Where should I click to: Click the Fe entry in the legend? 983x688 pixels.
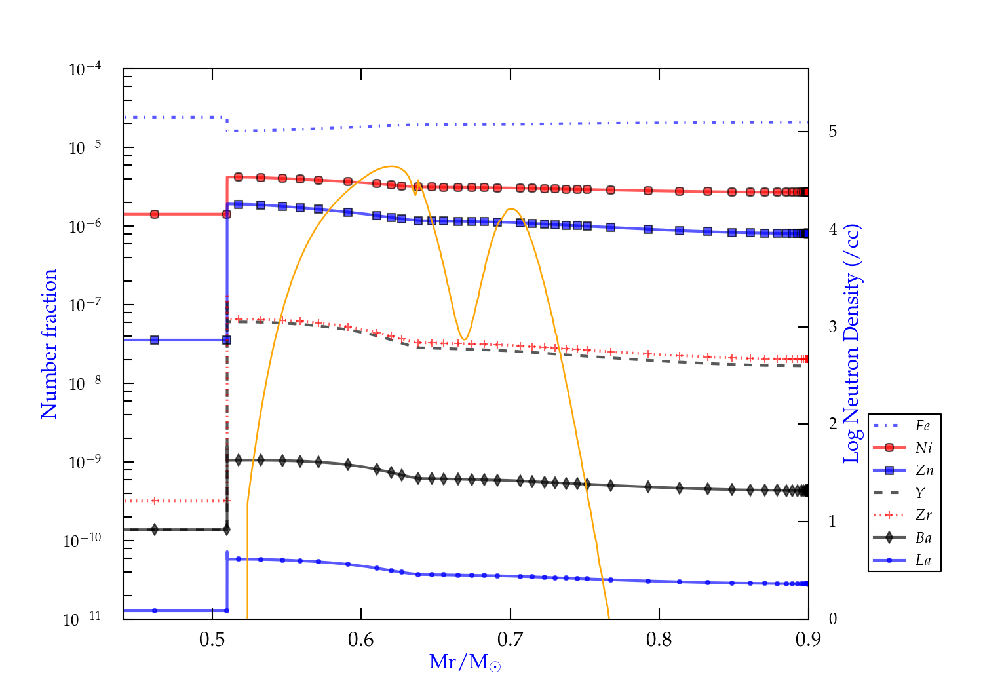point(923,426)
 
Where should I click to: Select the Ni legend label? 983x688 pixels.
point(923,448)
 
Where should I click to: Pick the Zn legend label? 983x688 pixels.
point(924,470)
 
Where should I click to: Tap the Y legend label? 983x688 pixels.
point(920,493)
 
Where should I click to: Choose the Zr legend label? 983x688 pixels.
point(923,515)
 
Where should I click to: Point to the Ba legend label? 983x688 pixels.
point(923,537)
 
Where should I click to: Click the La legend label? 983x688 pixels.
point(923,560)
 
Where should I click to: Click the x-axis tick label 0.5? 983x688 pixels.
point(212,640)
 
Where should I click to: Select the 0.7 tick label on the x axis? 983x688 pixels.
point(511,640)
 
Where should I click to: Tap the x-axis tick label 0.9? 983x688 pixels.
point(808,640)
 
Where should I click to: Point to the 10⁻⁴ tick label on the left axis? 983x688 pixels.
point(85,69)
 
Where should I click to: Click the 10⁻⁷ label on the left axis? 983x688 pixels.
point(85,305)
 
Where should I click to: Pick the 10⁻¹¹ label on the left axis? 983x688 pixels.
point(83,619)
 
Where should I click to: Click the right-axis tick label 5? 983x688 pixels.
point(832,131)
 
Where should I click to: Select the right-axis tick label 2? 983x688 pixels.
point(832,423)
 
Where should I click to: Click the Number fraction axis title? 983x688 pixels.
point(50,343)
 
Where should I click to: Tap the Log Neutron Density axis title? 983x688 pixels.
point(852,343)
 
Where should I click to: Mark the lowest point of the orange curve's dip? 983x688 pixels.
point(464,339)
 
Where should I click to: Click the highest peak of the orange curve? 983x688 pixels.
point(391,166)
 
